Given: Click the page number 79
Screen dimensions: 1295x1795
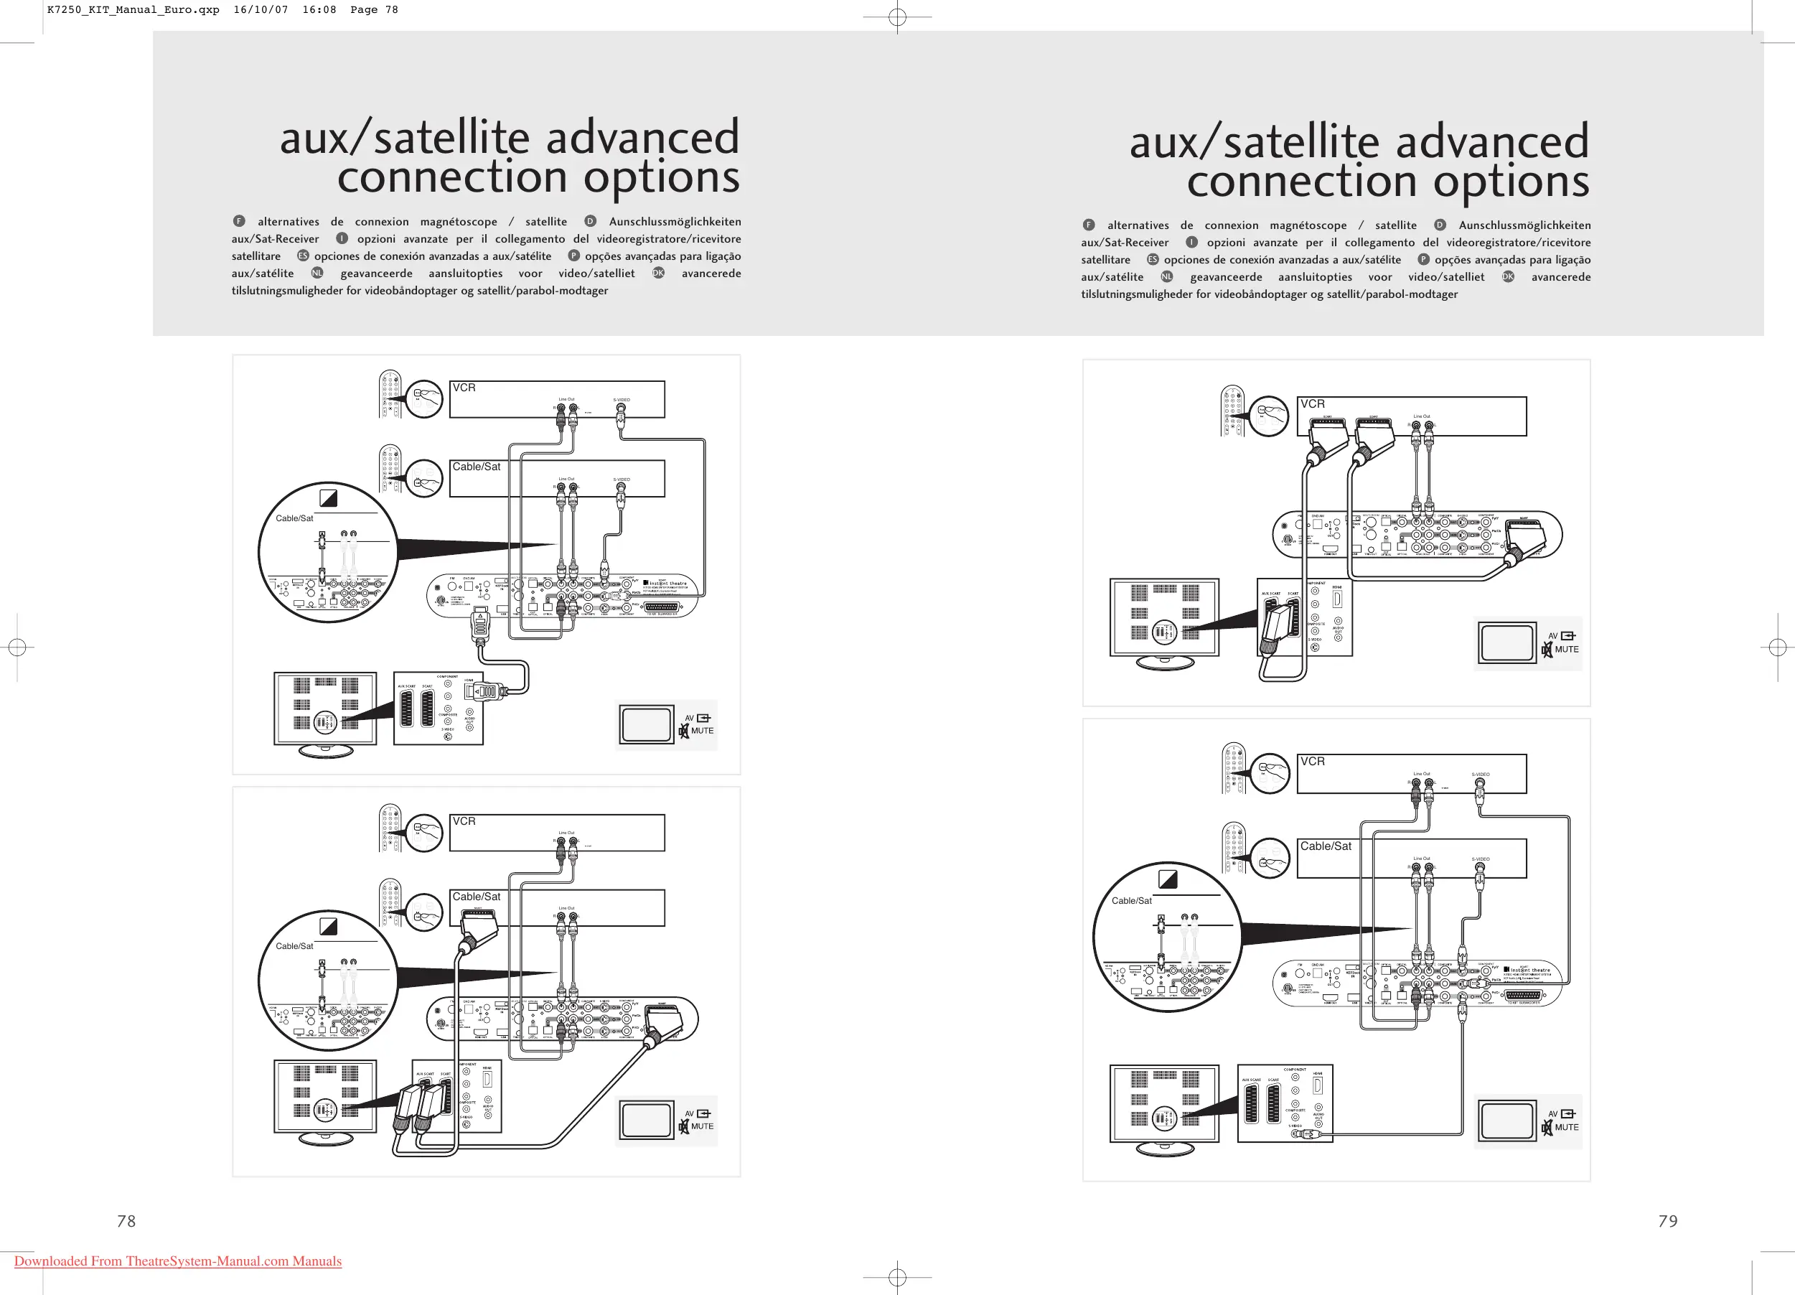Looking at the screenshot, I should [x=1667, y=1220].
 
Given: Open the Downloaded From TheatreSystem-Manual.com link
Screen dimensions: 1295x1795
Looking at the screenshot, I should [x=178, y=1261].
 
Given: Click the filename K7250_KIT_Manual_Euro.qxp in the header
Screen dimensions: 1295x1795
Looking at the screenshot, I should [x=133, y=10].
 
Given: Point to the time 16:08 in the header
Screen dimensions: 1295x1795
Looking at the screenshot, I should [x=319, y=10].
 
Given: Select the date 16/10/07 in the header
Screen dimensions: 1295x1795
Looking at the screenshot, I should [x=261, y=10].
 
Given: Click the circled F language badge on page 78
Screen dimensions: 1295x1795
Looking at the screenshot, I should [x=239, y=222].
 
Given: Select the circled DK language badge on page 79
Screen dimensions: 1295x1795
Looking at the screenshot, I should [x=1508, y=277].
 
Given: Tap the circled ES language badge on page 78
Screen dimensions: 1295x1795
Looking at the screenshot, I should [x=302, y=256].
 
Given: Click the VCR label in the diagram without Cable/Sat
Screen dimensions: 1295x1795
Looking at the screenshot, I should [x=1312, y=403].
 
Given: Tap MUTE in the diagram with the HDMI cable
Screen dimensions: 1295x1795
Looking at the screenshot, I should [x=702, y=731].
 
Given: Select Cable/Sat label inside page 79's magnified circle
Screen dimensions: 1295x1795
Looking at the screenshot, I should [x=1131, y=901].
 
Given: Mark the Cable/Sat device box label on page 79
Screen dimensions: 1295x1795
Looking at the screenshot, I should [x=1326, y=846].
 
